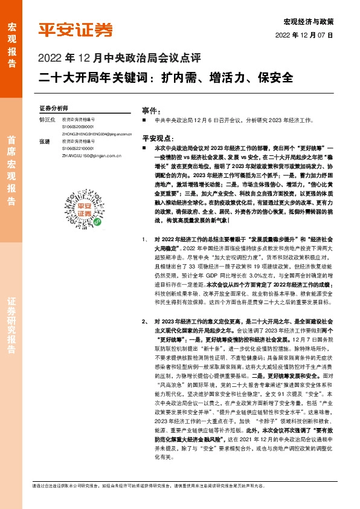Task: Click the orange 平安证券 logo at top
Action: (x=76, y=30)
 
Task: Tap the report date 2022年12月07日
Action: (x=308, y=36)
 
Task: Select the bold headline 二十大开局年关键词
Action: (x=166, y=78)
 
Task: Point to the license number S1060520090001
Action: (x=77, y=127)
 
